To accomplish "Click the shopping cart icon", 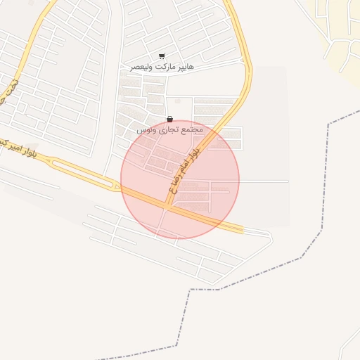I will pyautogui.click(x=162, y=56).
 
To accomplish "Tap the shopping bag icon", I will pyautogui.click(x=169, y=120).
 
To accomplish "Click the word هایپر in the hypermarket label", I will pyautogui.click(x=184, y=66).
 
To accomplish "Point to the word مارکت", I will pyautogui.click(x=162, y=66).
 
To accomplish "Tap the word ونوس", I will pyautogui.click(x=144, y=131).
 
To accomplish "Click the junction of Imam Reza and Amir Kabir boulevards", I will pyautogui.click(x=167, y=206).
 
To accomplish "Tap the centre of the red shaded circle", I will pyautogui.click(x=180, y=180).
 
